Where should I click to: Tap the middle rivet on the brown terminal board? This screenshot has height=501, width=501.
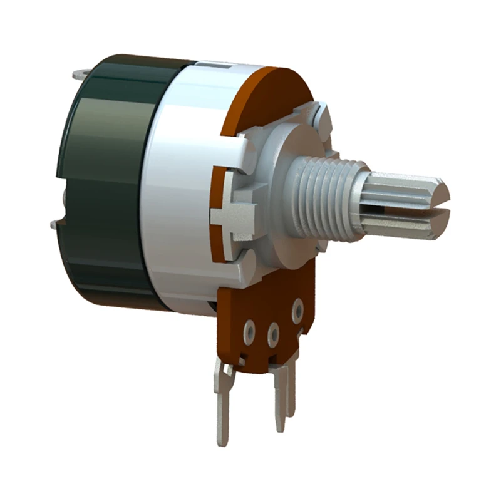tap(273, 333)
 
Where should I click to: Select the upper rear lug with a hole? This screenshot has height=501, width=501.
tap(80, 75)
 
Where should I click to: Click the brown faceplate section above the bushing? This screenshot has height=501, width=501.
tap(272, 94)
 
